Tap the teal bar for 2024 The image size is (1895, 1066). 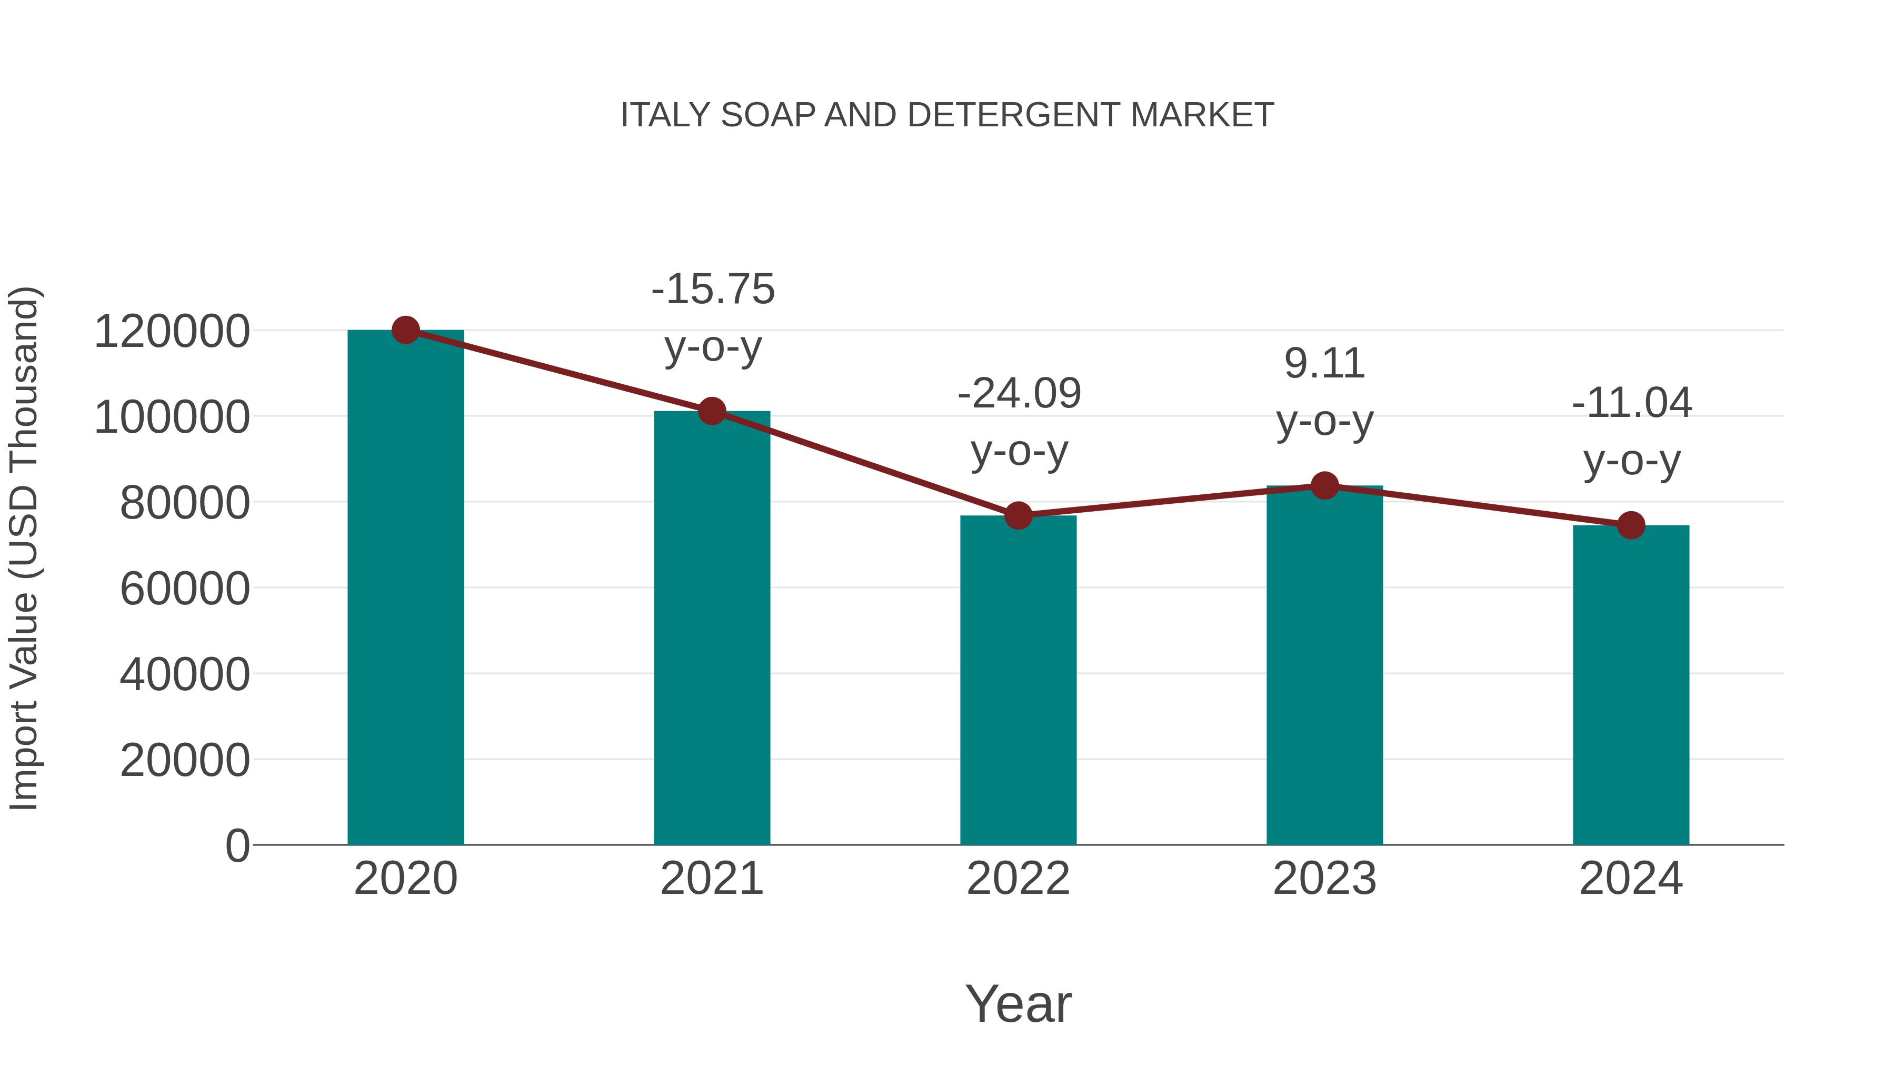(1631, 688)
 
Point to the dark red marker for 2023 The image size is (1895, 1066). (1324, 485)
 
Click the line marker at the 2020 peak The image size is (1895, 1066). (405, 330)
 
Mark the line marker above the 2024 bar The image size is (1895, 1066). (1631, 525)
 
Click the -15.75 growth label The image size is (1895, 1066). (713, 289)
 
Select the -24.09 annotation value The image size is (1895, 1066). (1019, 394)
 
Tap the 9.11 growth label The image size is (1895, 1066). (1324, 364)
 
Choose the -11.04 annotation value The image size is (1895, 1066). (1632, 403)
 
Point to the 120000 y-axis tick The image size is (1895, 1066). (172, 332)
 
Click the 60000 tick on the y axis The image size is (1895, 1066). (185, 589)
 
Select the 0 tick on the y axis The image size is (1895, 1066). (237, 845)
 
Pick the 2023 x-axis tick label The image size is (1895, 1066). (1324, 879)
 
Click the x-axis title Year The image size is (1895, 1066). (1018, 1004)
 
